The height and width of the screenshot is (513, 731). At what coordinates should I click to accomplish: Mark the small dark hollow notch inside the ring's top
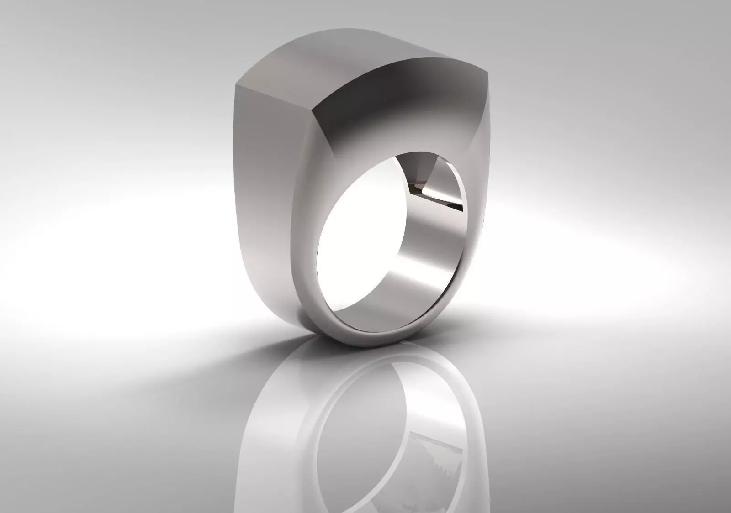click(x=417, y=186)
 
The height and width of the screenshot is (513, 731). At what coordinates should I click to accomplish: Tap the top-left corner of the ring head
click(x=236, y=85)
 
